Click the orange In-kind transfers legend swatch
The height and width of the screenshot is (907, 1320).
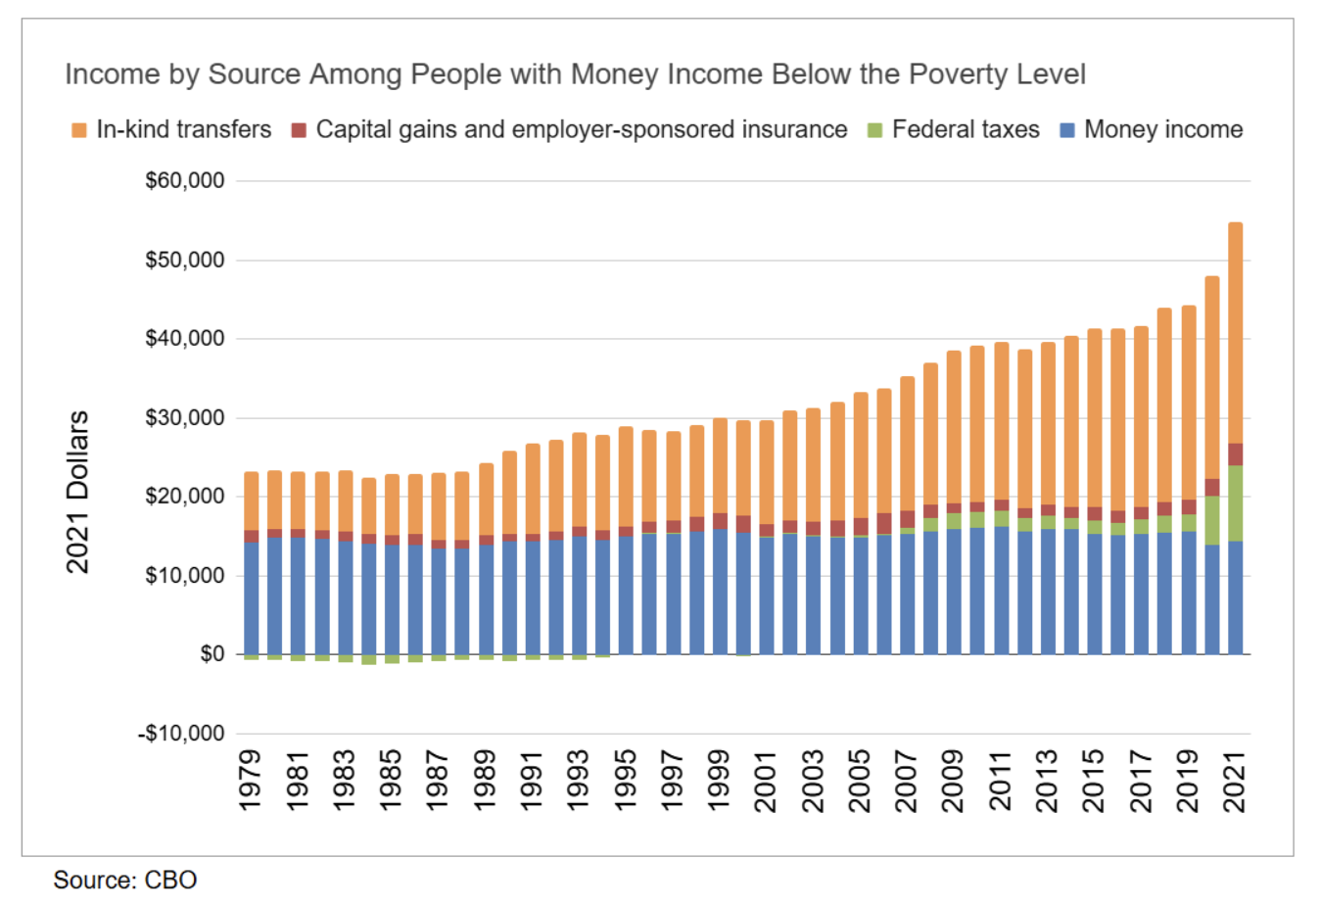pyautogui.click(x=79, y=130)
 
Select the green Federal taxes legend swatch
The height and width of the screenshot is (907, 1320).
pyautogui.click(x=875, y=130)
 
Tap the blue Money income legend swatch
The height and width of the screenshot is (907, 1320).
pyautogui.click(x=1067, y=130)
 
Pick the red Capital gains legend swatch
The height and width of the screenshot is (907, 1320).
pyautogui.click(x=300, y=130)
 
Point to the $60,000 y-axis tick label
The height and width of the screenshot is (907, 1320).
pyautogui.click(x=185, y=181)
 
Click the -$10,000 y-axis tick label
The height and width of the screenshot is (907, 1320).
pyautogui.click(x=182, y=734)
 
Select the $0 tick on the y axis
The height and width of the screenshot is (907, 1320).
pyautogui.click(x=212, y=654)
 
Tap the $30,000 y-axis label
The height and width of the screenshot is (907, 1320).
pyautogui.click(x=185, y=418)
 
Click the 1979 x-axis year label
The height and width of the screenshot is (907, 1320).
pyautogui.click(x=252, y=781)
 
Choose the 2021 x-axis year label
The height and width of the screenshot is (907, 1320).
pyautogui.click(x=1236, y=781)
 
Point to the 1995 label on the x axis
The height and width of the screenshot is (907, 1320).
pyautogui.click(x=626, y=781)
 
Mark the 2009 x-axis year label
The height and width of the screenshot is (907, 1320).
pyautogui.click(x=954, y=781)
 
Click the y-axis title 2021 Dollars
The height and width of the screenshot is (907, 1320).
pyautogui.click(x=77, y=492)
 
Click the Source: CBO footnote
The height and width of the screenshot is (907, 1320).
pyautogui.click(x=125, y=880)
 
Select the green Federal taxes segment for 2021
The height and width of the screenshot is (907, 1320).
pyautogui.click(x=1236, y=503)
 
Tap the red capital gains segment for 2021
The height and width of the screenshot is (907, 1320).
pyautogui.click(x=1236, y=454)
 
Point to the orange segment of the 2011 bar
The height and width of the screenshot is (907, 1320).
pyautogui.click(x=1002, y=421)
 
